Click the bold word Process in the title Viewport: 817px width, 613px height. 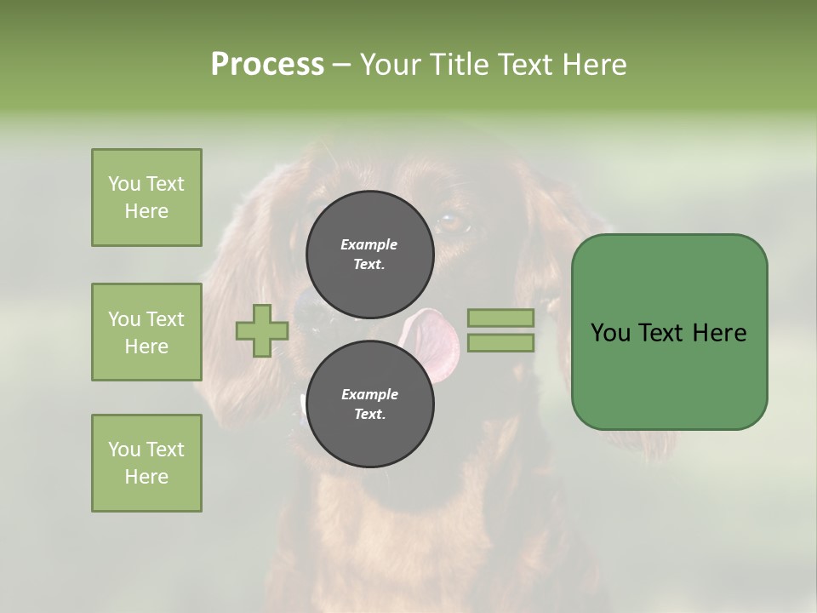(267, 64)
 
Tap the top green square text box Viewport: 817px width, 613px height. (146, 198)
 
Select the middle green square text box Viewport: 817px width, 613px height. (146, 332)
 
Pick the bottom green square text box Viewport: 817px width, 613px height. (146, 462)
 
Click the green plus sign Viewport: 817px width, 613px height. (262, 330)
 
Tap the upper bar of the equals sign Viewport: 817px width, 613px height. (501, 318)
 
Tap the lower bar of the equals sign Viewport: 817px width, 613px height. (501, 342)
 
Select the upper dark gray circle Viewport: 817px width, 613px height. (369, 254)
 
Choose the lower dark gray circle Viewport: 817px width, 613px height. (369, 404)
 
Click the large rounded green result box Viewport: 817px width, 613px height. (669, 332)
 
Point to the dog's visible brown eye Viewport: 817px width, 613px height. (452, 224)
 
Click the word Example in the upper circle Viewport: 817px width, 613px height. (369, 244)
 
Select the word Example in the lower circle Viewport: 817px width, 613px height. (369, 394)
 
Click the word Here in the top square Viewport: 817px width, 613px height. (146, 211)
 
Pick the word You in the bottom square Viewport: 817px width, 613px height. (124, 449)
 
